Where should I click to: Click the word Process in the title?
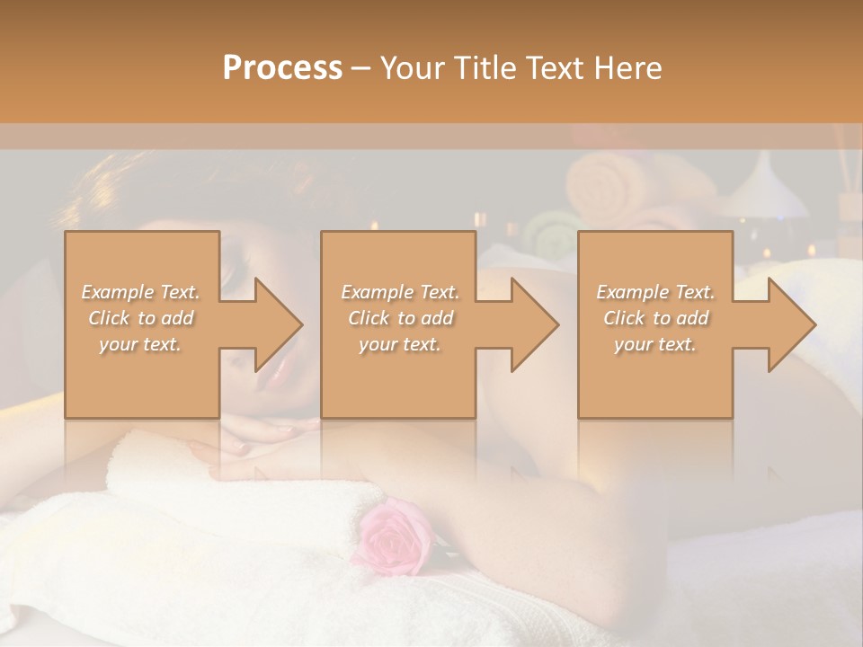pyautogui.click(x=282, y=68)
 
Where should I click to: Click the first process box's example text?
pyautogui.click(x=140, y=318)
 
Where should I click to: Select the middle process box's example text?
pyautogui.click(x=399, y=318)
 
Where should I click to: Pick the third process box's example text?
pyautogui.click(x=655, y=318)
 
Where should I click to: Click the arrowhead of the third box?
pyautogui.click(x=790, y=324)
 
